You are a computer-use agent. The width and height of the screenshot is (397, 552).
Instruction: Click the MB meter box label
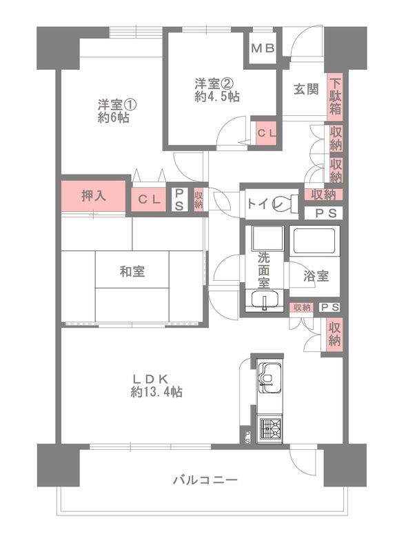point(263,48)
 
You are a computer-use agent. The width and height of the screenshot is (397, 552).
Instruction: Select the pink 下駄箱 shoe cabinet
point(335,97)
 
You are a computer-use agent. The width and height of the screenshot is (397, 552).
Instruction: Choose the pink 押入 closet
point(94,196)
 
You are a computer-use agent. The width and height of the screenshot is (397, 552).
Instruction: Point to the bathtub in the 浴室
point(314,241)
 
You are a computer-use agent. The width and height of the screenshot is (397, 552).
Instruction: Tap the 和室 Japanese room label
point(132,272)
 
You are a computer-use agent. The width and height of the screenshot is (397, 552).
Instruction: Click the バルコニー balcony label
point(205,479)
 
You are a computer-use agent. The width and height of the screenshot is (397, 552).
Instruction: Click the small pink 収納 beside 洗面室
point(301,308)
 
